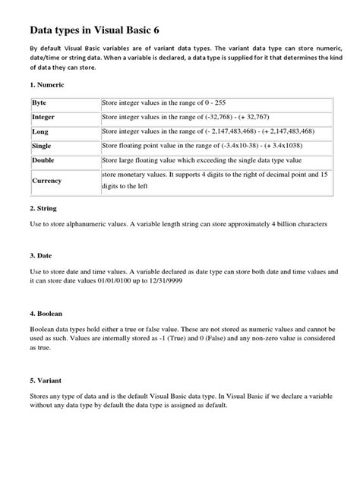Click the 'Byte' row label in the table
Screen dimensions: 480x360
[39, 103]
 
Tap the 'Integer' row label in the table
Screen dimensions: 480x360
[43, 117]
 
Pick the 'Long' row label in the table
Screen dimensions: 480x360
[40, 131]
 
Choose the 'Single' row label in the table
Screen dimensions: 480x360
[42, 146]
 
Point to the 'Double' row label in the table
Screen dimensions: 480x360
[43, 161]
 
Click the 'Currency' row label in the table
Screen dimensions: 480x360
[46, 182]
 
